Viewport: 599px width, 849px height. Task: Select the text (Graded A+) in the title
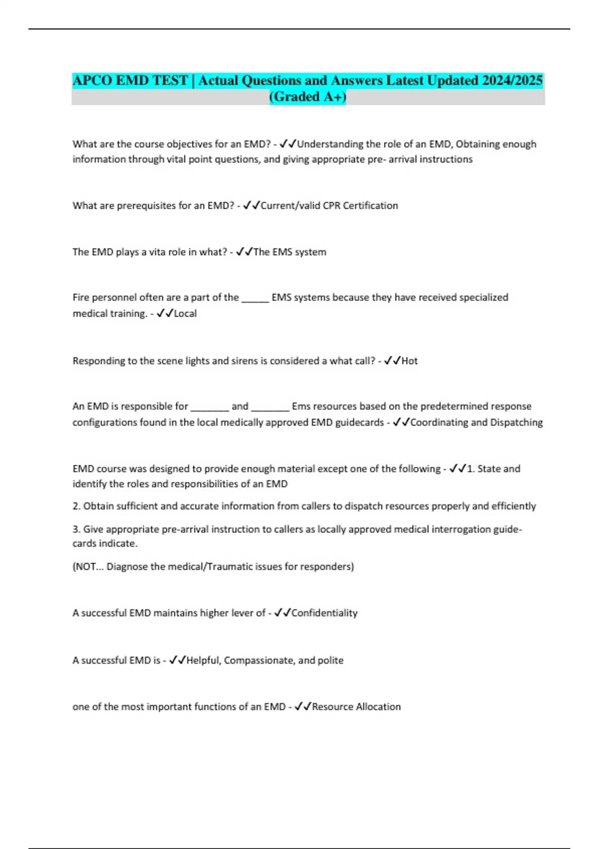[307, 96]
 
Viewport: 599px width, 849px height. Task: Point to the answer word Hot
[409, 361]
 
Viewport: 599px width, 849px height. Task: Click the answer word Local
[185, 314]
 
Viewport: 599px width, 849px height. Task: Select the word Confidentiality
[324, 613]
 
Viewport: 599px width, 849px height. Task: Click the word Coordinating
[439, 423]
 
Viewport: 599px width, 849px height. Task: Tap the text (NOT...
[85, 567]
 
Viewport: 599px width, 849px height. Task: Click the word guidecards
[359, 423]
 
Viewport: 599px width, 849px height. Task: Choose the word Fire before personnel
[80, 298]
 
